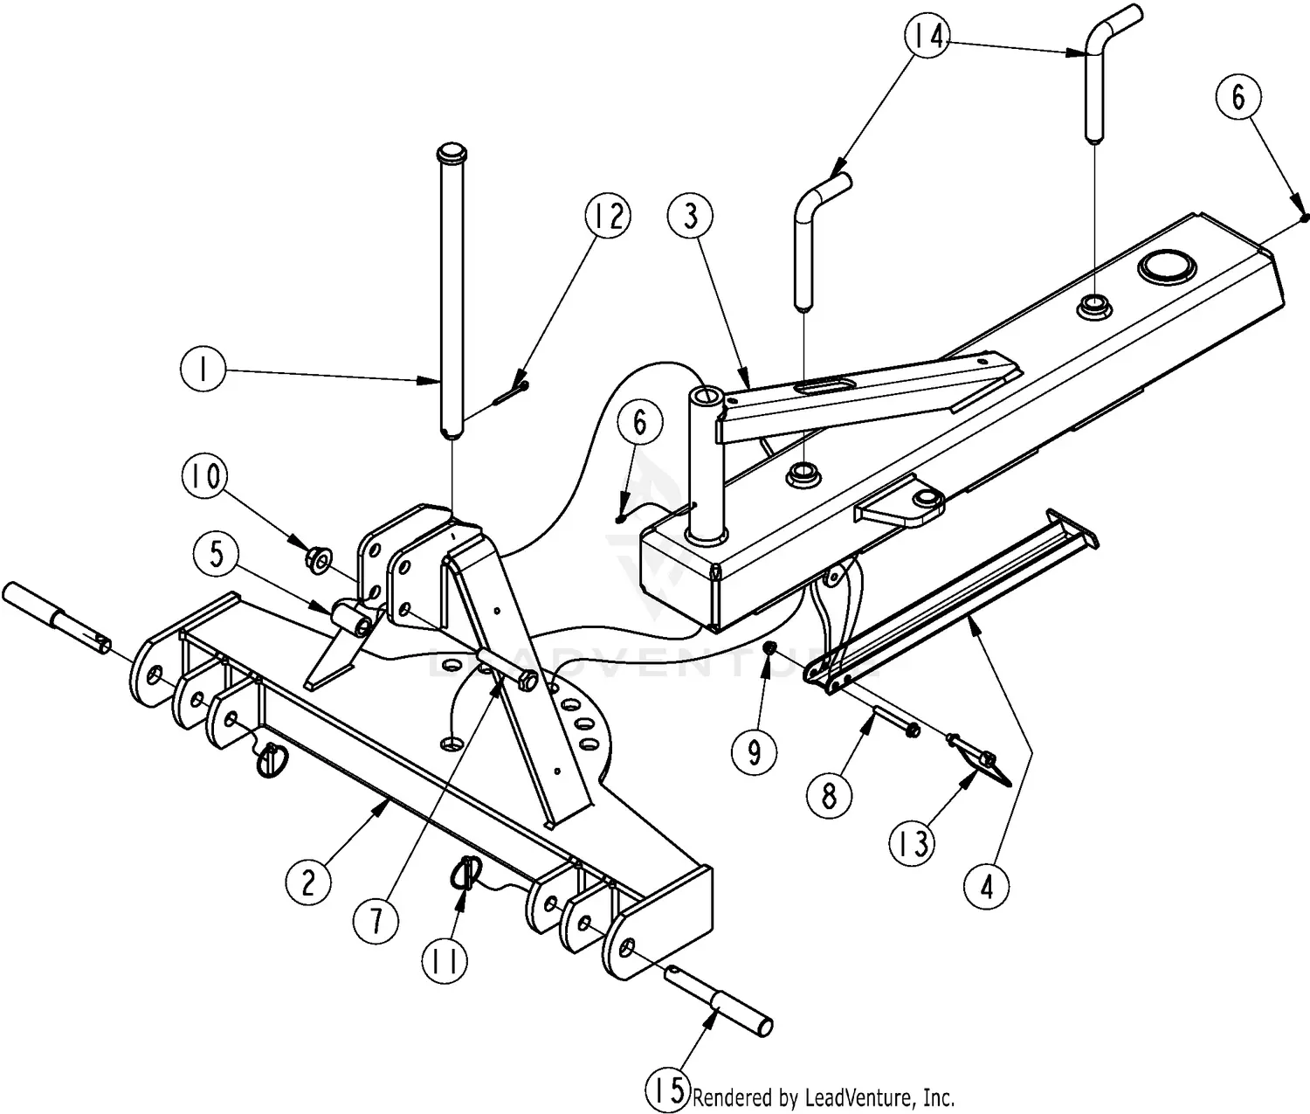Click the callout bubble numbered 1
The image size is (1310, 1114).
203,371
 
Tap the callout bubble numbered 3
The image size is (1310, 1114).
691,216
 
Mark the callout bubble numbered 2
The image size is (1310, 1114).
308,883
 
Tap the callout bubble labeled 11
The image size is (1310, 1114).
445,960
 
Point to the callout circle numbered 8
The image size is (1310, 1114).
829,795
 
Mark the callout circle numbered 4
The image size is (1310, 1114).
987,887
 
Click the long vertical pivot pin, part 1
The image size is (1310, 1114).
450,288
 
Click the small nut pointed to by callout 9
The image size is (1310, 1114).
770,647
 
